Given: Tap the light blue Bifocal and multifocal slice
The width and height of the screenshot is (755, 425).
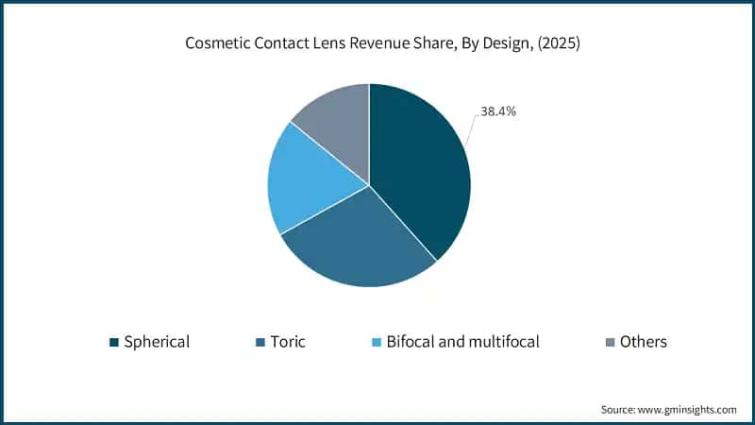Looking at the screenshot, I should click(x=307, y=184).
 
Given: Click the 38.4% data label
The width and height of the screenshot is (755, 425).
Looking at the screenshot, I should click(x=497, y=111).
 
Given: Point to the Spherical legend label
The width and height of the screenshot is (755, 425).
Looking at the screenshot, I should click(x=157, y=342).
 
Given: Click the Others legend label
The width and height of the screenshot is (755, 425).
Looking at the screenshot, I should click(x=643, y=342).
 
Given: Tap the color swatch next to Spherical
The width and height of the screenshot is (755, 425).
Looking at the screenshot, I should click(x=114, y=342).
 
